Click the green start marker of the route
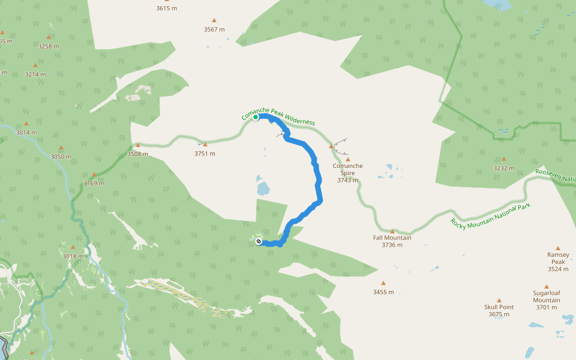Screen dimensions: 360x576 (x=256, y=118)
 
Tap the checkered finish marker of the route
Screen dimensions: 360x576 (x=259, y=241)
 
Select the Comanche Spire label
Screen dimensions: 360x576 (x=347, y=169)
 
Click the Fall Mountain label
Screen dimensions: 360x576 (x=392, y=241)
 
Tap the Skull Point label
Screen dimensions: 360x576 (x=499, y=310)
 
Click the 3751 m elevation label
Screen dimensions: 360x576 (x=205, y=154)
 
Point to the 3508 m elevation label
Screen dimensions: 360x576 (x=137, y=154)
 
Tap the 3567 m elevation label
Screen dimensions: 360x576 (x=214, y=29)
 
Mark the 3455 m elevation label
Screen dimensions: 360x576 (x=383, y=292)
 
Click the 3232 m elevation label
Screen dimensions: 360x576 (x=504, y=169)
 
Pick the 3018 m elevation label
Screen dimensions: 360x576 (x=73, y=256)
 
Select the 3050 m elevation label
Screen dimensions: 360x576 (x=61, y=157)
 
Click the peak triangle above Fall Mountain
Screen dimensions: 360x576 (x=392, y=231)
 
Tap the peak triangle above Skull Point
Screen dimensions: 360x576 (x=499, y=300)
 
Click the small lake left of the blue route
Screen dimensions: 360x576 (x=263, y=187)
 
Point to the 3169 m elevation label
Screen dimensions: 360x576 (x=94, y=184)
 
